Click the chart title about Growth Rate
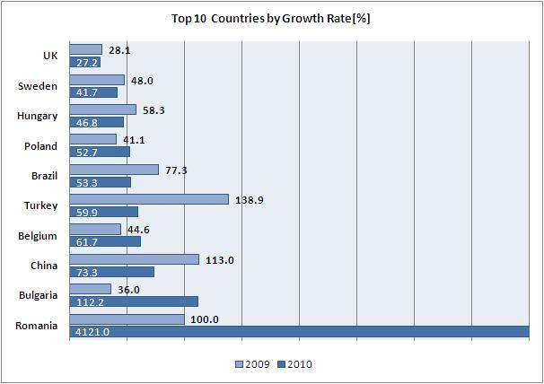point(271,18)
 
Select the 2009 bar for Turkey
point(149,199)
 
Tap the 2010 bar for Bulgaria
point(134,301)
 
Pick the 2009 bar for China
point(134,259)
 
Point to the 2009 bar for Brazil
point(114,170)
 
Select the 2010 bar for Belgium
point(105,241)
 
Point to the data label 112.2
point(88,301)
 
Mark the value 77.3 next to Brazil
point(175,169)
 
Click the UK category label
point(50,57)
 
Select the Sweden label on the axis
point(39,86)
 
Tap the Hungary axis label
point(38,116)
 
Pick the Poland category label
point(40,146)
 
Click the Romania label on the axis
point(37,326)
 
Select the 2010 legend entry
point(295,365)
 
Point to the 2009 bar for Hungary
point(102,109)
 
